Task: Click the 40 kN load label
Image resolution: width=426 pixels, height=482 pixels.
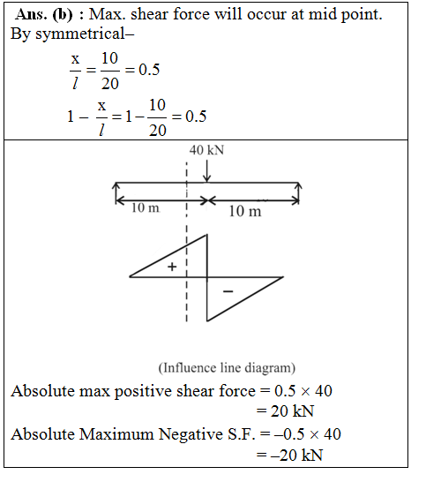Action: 206,150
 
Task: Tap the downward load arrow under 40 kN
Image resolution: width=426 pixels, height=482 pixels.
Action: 206,171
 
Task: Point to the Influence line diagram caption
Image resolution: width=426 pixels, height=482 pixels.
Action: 227,367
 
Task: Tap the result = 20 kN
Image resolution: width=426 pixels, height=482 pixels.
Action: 286,410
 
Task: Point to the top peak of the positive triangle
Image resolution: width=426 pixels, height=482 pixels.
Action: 206,236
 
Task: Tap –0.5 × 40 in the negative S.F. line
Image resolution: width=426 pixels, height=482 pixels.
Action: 308,433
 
